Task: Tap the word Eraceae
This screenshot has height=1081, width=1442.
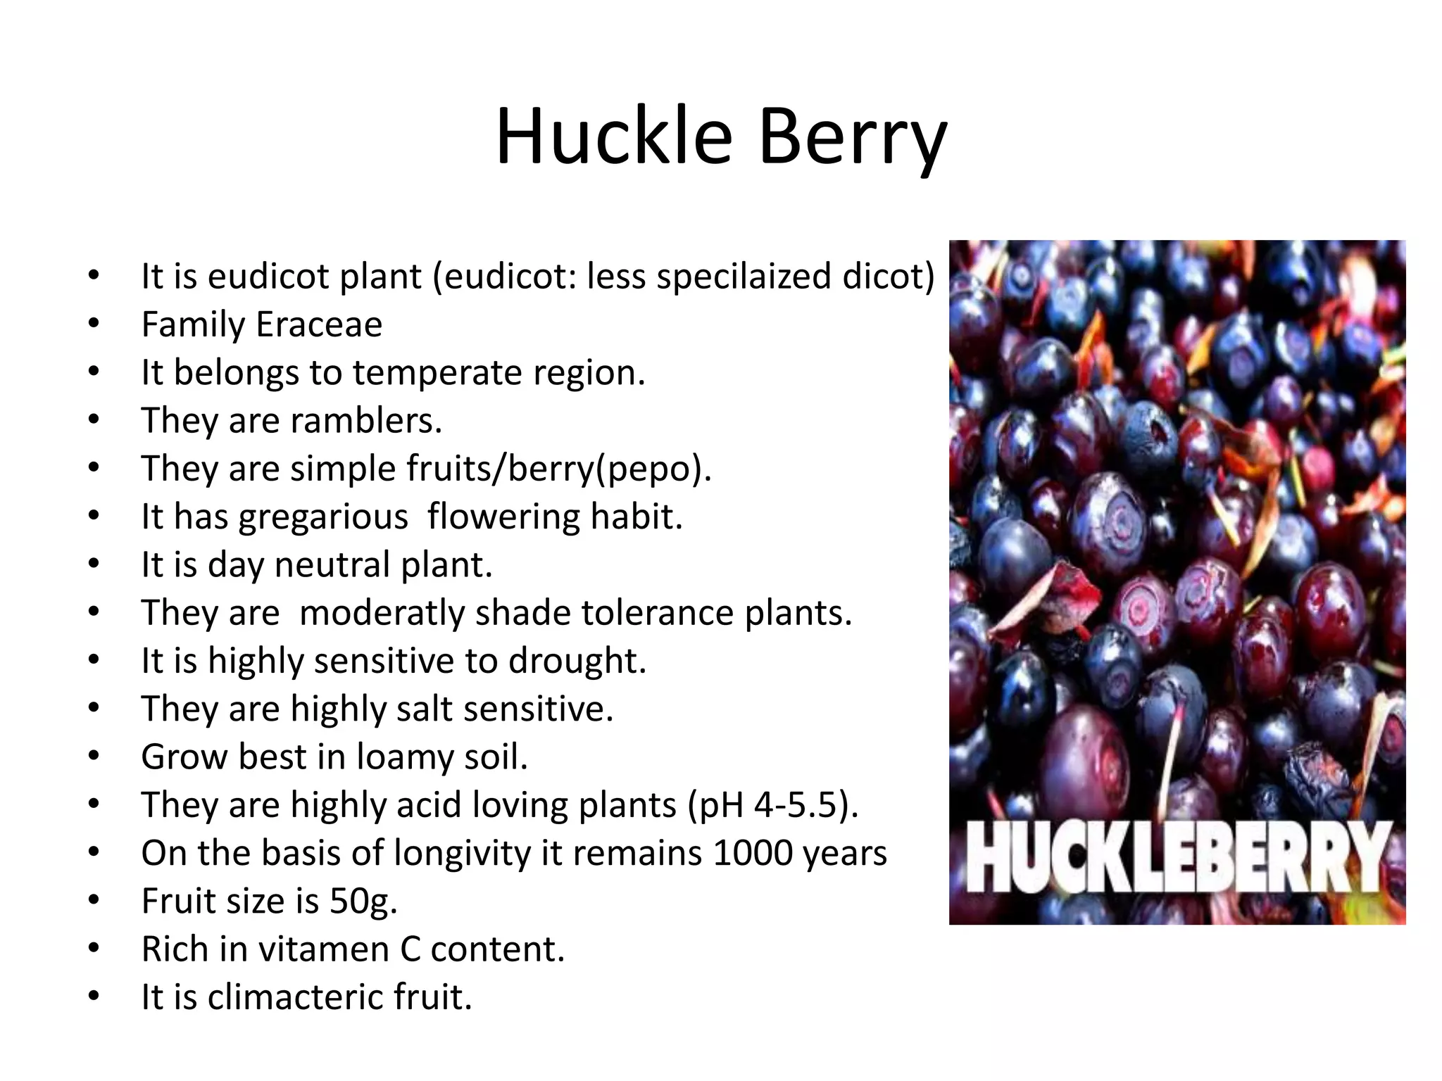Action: pos(319,324)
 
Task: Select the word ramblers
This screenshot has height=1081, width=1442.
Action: pos(365,421)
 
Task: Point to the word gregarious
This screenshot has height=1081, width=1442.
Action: pos(323,517)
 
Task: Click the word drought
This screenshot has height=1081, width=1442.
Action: pos(577,661)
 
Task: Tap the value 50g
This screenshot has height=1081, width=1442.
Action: pos(363,901)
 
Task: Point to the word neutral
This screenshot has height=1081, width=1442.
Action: pos(332,565)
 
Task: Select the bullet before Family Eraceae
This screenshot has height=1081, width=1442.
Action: pos(94,324)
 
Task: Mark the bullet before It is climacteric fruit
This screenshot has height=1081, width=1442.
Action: pos(94,997)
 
